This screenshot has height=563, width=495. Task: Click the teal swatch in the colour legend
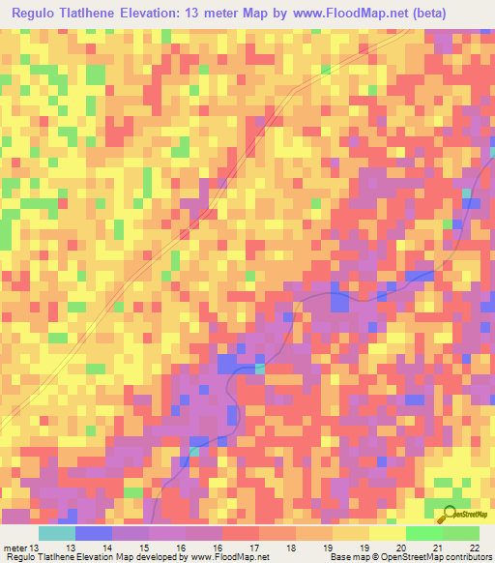[x=57, y=533]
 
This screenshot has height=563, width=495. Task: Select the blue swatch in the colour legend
[x=94, y=533]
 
